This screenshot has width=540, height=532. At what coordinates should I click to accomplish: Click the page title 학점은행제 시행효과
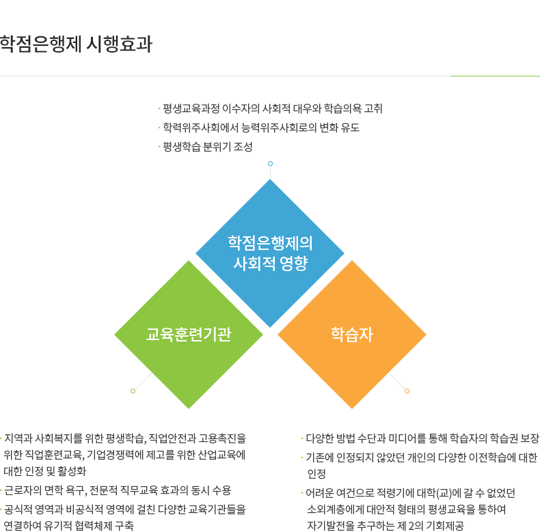point(76,44)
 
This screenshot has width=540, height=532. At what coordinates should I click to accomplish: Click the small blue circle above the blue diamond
point(271,163)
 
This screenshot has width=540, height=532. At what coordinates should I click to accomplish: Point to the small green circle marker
point(133,391)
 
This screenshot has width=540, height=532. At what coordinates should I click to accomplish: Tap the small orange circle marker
point(407,391)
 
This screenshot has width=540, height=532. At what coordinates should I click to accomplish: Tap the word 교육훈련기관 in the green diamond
point(189,335)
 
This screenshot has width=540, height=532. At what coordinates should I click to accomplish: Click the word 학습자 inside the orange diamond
point(352,335)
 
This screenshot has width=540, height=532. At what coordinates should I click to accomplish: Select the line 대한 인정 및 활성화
point(44,471)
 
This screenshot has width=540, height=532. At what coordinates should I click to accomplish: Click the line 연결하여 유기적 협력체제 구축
point(68,526)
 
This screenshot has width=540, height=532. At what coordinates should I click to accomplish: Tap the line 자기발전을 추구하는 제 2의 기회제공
point(386,526)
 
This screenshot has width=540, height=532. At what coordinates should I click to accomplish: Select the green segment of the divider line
point(496,76)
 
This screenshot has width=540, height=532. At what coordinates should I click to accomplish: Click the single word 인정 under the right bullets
point(316,474)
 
